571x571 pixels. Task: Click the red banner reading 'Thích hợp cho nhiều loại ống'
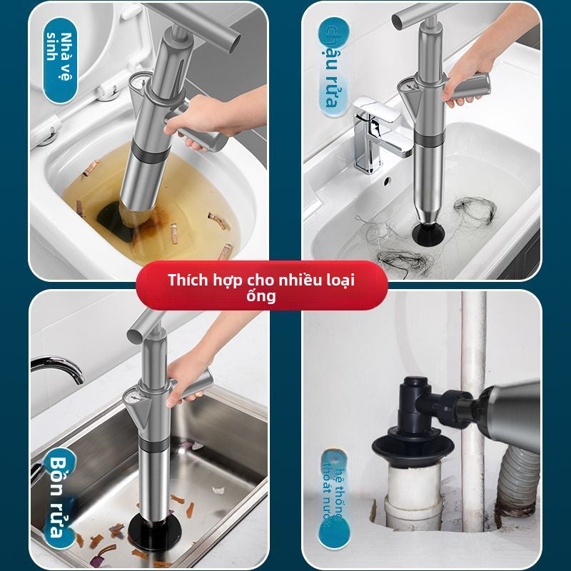(x=261, y=285)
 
